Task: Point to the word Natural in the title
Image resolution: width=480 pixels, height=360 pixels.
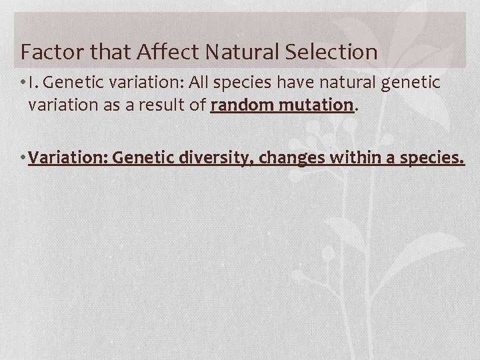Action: [x=238, y=51]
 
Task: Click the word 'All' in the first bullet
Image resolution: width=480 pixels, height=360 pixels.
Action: [x=200, y=83]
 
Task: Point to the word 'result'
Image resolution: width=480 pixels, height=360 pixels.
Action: [x=167, y=105]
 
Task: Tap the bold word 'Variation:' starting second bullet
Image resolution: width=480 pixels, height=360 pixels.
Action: [x=68, y=159]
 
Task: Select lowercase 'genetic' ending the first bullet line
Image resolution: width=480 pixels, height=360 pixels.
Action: [x=416, y=83]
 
